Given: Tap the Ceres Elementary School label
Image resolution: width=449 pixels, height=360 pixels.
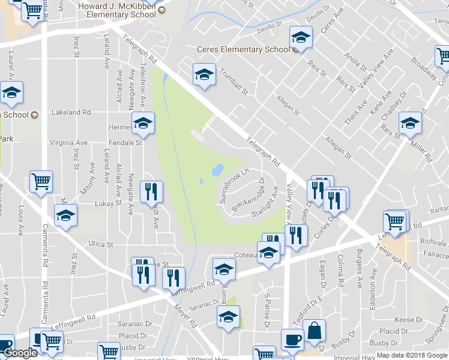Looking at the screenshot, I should pyautogui.click(x=244, y=50).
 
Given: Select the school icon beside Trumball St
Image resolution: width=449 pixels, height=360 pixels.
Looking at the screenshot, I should pyautogui.click(x=204, y=75).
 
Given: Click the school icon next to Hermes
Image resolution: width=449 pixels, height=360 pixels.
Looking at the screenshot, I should pyautogui.click(x=143, y=123).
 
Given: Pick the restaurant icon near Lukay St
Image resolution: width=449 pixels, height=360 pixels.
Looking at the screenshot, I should pyautogui.click(x=151, y=191).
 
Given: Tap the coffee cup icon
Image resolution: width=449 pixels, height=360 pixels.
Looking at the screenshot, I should pyautogui.click(x=293, y=339).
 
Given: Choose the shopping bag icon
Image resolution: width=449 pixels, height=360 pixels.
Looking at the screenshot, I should pyautogui.click(x=314, y=330).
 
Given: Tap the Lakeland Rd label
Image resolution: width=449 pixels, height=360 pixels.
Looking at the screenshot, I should pyautogui.click(x=71, y=112).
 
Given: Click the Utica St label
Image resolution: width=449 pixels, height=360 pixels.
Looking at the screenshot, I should pyautogui.click(x=101, y=245).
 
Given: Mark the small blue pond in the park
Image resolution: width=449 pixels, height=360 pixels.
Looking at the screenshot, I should pyautogui.click(x=217, y=171).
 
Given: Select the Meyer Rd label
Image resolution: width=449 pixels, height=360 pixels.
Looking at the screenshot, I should pyautogui.click(x=187, y=314).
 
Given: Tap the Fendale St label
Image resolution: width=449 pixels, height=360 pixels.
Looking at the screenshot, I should pyautogui.click(x=125, y=143).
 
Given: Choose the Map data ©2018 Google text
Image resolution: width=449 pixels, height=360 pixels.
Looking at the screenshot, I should pyautogui.click(x=411, y=355).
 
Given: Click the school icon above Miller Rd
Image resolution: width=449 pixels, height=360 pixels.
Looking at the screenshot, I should pyautogui.click(x=410, y=124).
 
